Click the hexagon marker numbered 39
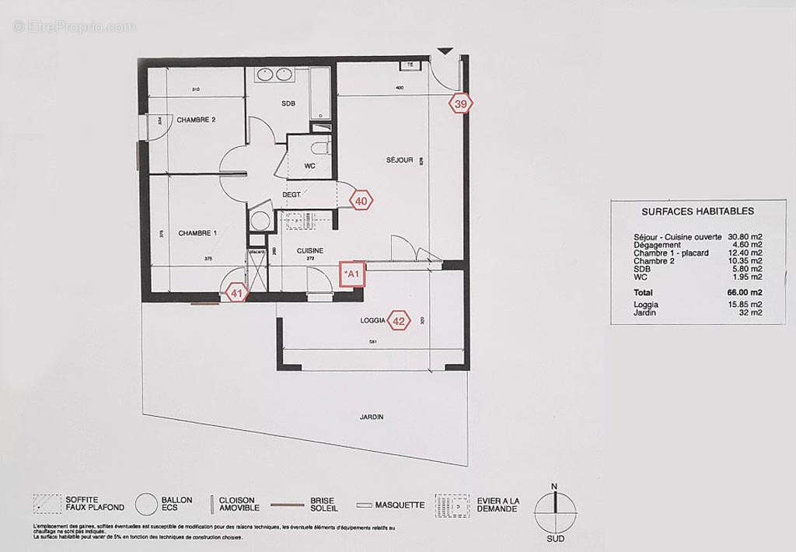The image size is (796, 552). coord(461,103)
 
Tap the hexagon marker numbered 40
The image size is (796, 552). coord(361,200)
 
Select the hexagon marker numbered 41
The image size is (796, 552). coord(236,292)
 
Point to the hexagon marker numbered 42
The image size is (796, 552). coord(399,320)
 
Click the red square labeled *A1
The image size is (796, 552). coord(352,274)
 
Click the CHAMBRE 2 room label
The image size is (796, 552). coord(196,120)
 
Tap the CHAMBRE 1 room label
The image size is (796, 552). coord(197,233)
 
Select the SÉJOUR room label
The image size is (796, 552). coord(400,160)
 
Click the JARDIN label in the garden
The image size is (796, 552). coord(372,417)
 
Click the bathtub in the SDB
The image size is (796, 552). coord(321,94)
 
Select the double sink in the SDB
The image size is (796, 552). coord(274,75)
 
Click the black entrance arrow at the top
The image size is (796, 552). coord(444,52)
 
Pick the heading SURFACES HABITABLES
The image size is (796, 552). coord(697,211)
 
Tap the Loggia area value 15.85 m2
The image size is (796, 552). coord(744,304)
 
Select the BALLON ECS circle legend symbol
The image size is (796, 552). coord(145,506)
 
